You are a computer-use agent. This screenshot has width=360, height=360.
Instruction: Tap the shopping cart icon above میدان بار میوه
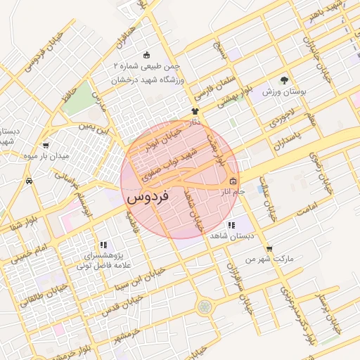click(46, 146)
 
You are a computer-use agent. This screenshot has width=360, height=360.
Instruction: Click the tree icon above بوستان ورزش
click(284, 81)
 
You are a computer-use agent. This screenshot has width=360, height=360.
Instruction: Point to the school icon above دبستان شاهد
click(231, 225)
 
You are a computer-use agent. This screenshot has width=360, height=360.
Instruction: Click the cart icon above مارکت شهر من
click(269, 249)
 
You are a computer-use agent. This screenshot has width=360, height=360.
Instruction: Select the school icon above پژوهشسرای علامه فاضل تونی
click(104, 245)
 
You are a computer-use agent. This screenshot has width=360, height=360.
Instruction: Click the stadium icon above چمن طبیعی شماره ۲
click(146, 56)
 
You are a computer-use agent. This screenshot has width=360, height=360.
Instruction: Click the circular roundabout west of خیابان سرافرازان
click(205, 307)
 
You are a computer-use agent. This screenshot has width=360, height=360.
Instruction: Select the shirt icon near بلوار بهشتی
click(195, 111)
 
